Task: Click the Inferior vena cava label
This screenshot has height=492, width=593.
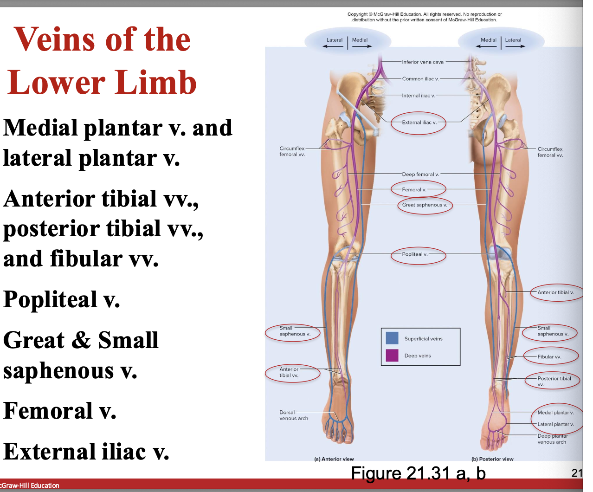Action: (422, 62)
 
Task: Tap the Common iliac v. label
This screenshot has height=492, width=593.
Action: (420, 79)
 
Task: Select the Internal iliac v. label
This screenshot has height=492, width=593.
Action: (419, 96)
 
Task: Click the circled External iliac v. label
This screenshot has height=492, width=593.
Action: (419, 123)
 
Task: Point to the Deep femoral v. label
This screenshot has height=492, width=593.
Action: (420, 175)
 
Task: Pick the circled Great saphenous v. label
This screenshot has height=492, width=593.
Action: (425, 205)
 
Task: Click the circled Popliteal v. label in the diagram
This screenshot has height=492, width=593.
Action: (415, 254)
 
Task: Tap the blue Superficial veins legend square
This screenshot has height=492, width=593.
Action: (392, 338)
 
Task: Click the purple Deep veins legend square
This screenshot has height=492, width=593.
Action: (392, 355)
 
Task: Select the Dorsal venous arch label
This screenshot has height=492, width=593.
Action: (293, 415)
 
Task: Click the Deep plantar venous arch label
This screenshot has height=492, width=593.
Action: (552, 439)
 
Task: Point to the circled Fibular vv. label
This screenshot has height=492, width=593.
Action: (549, 357)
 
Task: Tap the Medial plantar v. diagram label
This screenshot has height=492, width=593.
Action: (555, 413)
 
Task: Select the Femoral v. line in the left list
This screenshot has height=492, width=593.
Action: (60, 410)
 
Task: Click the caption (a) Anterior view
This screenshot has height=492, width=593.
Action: (334, 459)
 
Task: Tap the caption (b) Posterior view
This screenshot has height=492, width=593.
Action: (492, 459)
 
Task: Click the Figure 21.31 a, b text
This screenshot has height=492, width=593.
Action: (418, 473)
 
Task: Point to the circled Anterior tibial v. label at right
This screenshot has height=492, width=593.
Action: (555, 292)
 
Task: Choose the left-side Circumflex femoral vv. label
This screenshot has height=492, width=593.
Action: (292, 151)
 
